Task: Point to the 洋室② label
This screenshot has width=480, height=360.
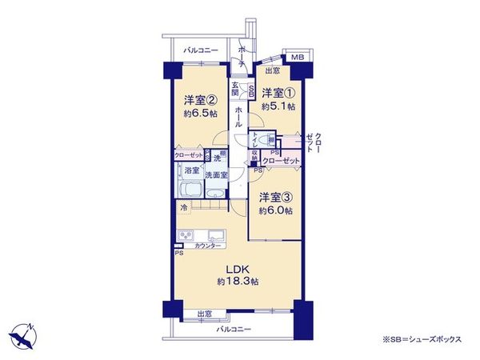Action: [199, 100]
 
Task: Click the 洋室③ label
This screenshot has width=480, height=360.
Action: [274, 198]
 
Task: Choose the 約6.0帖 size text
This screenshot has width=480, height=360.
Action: [274, 210]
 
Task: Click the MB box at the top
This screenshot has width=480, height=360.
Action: [296, 58]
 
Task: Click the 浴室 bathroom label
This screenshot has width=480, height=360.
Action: [191, 172]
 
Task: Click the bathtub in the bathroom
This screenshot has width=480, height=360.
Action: [190, 191]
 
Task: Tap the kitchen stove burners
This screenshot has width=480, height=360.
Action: [186, 236]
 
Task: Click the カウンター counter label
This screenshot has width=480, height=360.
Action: [206, 246]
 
